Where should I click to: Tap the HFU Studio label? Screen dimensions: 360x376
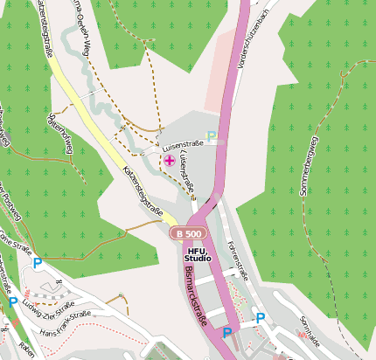coord(198,255)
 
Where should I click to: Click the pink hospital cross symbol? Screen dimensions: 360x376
coord(169,160)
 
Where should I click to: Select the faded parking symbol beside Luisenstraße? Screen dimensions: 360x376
coord(211,136)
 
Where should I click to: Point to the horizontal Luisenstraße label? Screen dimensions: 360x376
coord(182,147)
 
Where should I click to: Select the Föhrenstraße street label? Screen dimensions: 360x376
coord(238,260)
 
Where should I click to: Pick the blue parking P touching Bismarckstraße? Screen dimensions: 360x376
coord(227,333)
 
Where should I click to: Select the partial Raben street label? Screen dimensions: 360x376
coord(25,352)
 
